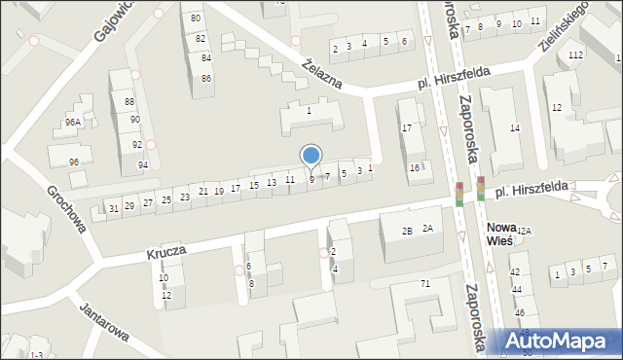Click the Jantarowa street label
coord(106,318)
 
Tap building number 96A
coord(72,123)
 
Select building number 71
coord(424,283)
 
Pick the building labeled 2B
coord(408,231)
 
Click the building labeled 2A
coord(426,228)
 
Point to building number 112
coord(575,54)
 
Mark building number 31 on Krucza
coord(114,208)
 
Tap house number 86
coord(206,78)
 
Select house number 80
coord(197,18)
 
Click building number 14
coord(515,128)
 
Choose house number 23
coord(184,198)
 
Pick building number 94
coord(142,164)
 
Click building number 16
coord(414,168)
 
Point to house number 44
coord(517,291)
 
